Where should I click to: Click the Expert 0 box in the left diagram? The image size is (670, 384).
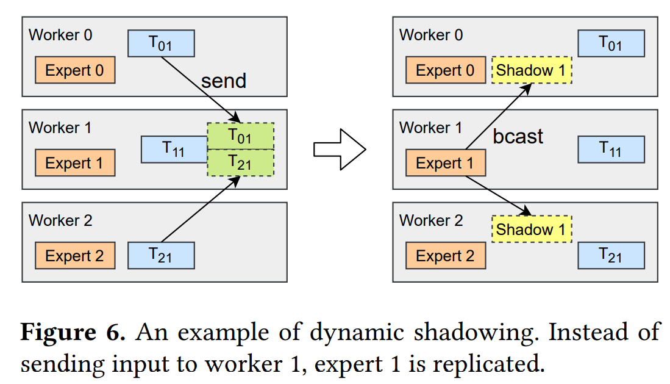(75, 70)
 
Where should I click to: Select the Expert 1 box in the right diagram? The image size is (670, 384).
(445, 163)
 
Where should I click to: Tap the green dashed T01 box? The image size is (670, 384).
(240, 136)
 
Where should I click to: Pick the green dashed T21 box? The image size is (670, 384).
(240, 162)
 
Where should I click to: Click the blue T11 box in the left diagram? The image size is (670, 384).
(174, 149)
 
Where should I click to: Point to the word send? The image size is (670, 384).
(224, 81)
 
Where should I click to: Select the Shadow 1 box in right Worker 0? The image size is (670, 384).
(532, 70)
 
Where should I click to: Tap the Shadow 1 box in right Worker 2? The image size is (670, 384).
(532, 230)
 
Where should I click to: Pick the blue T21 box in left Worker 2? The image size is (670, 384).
(161, 255)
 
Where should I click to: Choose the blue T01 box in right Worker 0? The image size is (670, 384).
(611, 43)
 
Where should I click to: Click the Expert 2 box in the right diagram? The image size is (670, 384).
(445, 255)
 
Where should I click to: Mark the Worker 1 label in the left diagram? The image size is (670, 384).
(60, 128)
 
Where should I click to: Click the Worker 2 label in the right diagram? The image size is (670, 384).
(431, 220)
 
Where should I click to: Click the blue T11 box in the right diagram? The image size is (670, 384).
(611, 149)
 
